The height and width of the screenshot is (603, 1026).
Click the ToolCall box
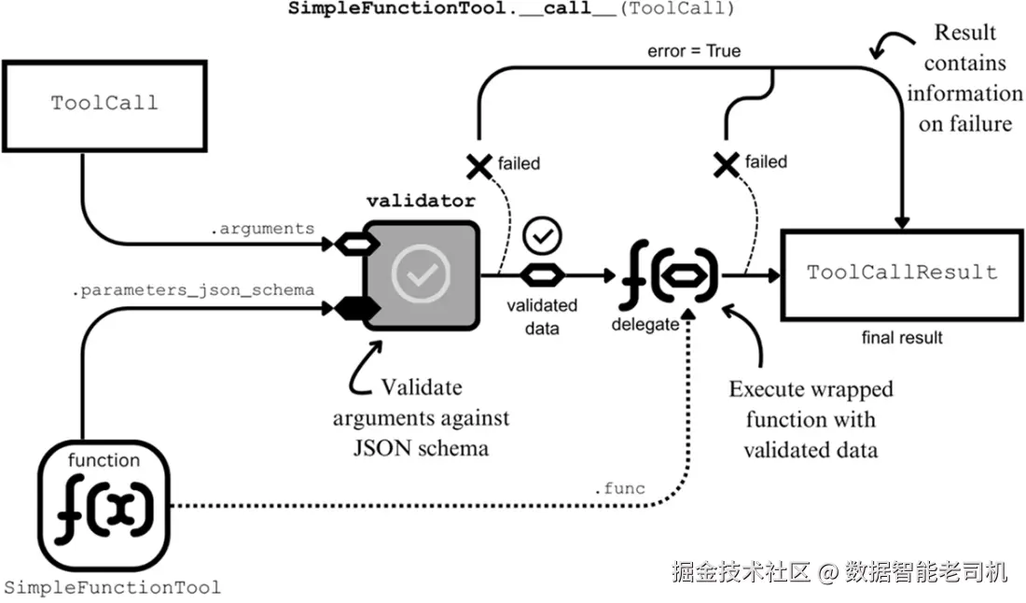point(104,103)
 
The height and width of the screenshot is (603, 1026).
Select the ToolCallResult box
point(902,273)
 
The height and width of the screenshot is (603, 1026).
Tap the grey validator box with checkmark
point(421,273)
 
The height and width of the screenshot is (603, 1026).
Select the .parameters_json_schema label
point(193,289)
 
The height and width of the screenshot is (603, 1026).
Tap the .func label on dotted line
point(619,488)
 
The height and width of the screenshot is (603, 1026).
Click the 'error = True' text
point(694,51)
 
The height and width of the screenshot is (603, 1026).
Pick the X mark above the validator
point(478,166)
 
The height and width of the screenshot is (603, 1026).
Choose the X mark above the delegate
point(727,164)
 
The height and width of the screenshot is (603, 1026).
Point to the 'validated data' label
point(542,316)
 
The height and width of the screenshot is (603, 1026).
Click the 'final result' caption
point(902,337)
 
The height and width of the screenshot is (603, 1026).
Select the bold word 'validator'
point(421,201)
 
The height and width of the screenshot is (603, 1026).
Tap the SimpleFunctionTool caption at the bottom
point(113,587)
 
